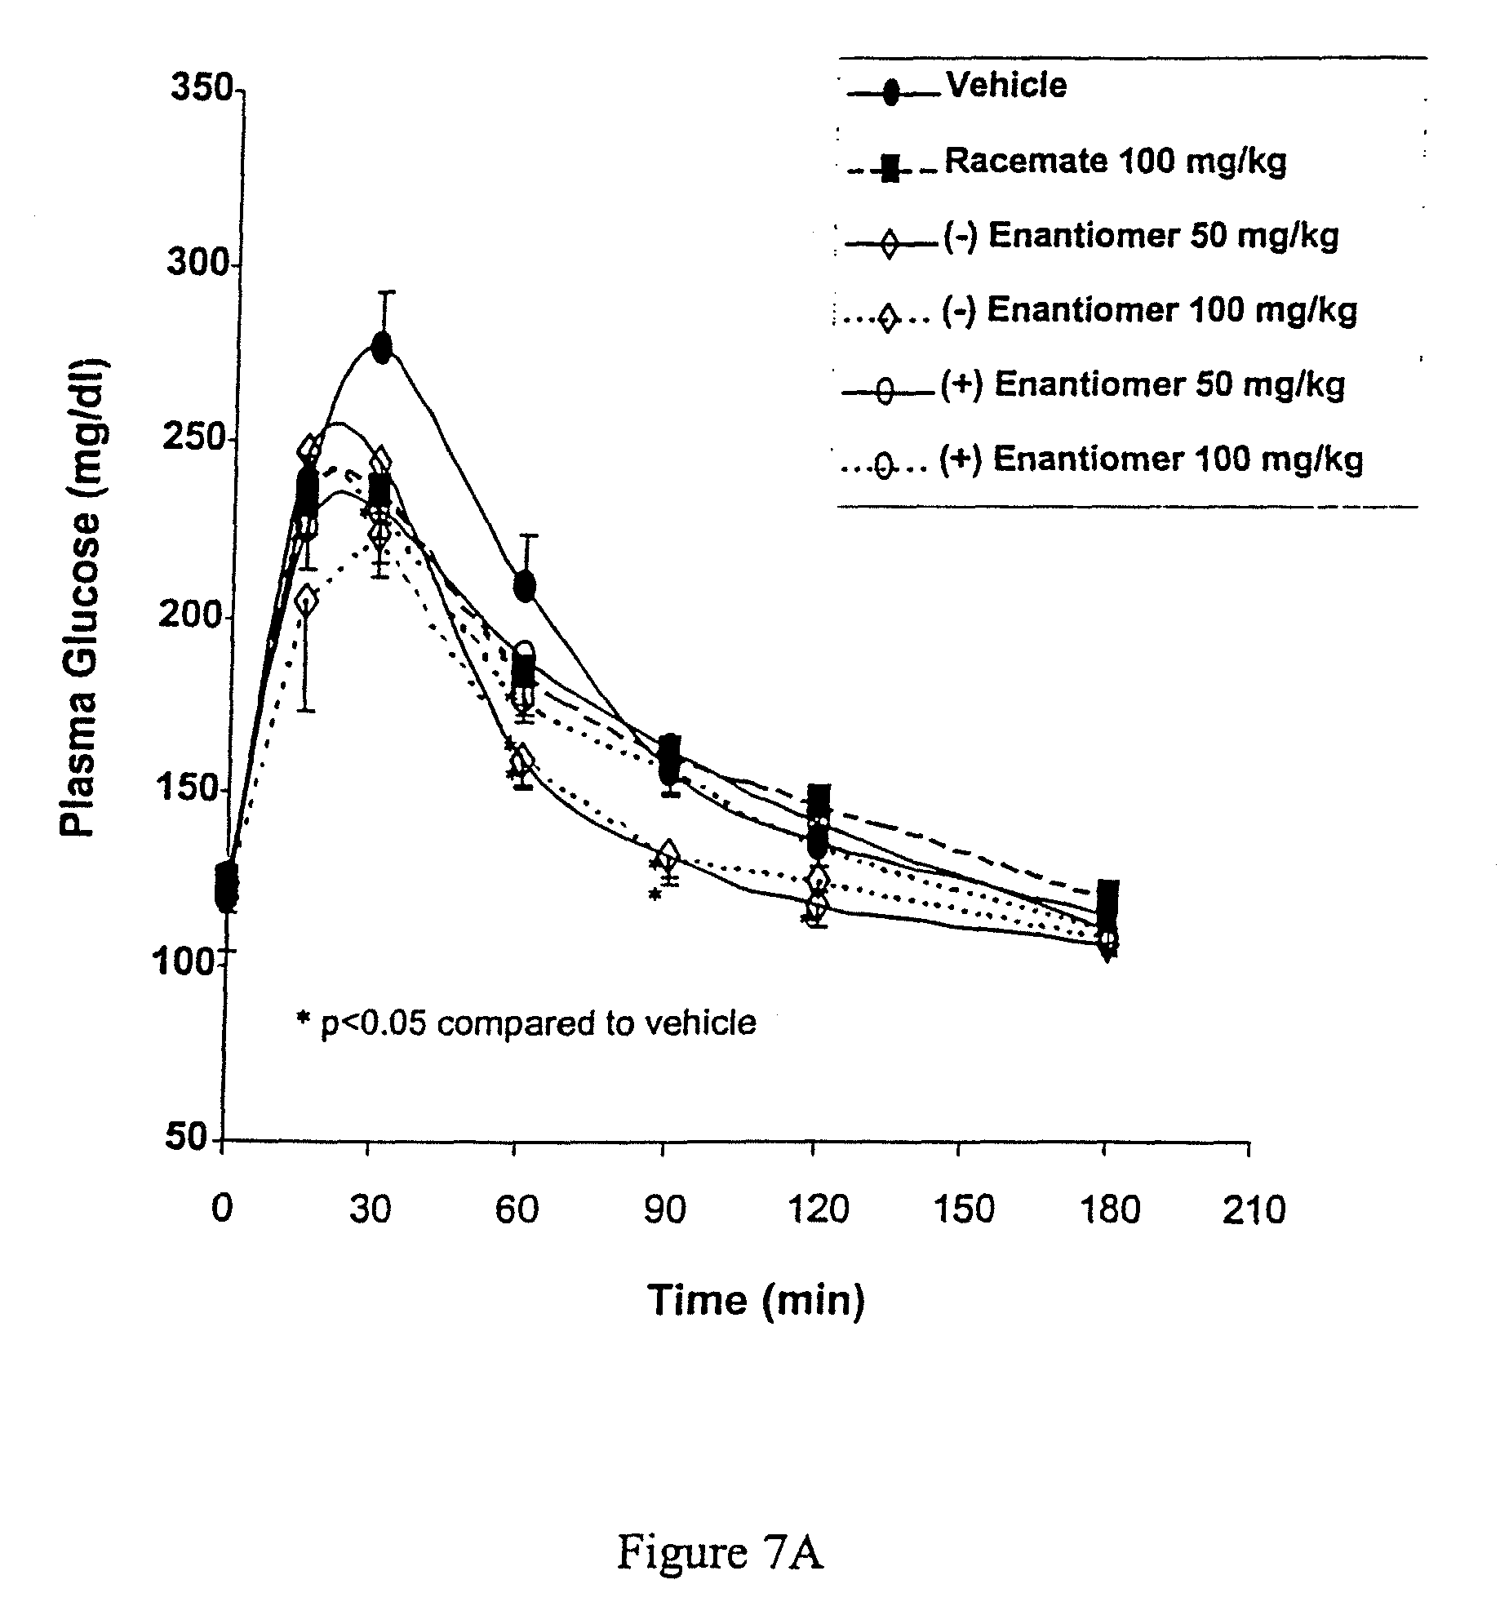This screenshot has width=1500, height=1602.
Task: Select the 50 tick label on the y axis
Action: tap(188, 1139)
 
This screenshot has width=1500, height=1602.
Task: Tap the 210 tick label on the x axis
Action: tap(1254, 1209)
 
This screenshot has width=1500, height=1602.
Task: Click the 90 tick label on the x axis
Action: tap(664, 1209)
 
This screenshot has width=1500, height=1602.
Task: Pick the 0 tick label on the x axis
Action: tap(221, 1209)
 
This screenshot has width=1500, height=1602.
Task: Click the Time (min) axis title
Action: tap(756, 1298)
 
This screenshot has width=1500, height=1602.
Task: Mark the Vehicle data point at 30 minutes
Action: tap(381, 347)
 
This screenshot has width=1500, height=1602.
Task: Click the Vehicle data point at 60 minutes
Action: tap(525, 586)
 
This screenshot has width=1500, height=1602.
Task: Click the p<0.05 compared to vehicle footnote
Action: tap(526, 1022)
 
